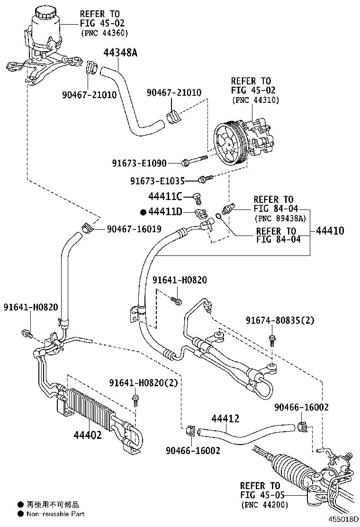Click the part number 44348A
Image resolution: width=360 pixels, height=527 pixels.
click(x=120, y=53)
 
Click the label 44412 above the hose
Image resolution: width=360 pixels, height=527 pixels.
click(x=225, y=418)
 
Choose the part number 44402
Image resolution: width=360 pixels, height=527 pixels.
click(x=87, y=435)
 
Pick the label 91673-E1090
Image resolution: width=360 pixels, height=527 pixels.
click(x=139, y=164)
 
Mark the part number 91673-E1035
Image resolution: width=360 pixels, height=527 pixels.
click(x=158, y=181)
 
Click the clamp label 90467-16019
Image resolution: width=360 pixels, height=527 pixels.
click(x=134, y=229)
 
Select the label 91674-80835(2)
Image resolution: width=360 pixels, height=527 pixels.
click(x=280, y=321)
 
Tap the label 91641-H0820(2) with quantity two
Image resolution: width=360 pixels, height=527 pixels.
click(x=143, y=383)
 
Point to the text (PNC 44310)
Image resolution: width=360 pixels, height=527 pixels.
click(x=255, y=100)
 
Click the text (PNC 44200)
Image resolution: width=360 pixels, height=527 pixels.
click(x=264, y=504)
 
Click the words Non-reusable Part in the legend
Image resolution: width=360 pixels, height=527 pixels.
click(x=56, y=514)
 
